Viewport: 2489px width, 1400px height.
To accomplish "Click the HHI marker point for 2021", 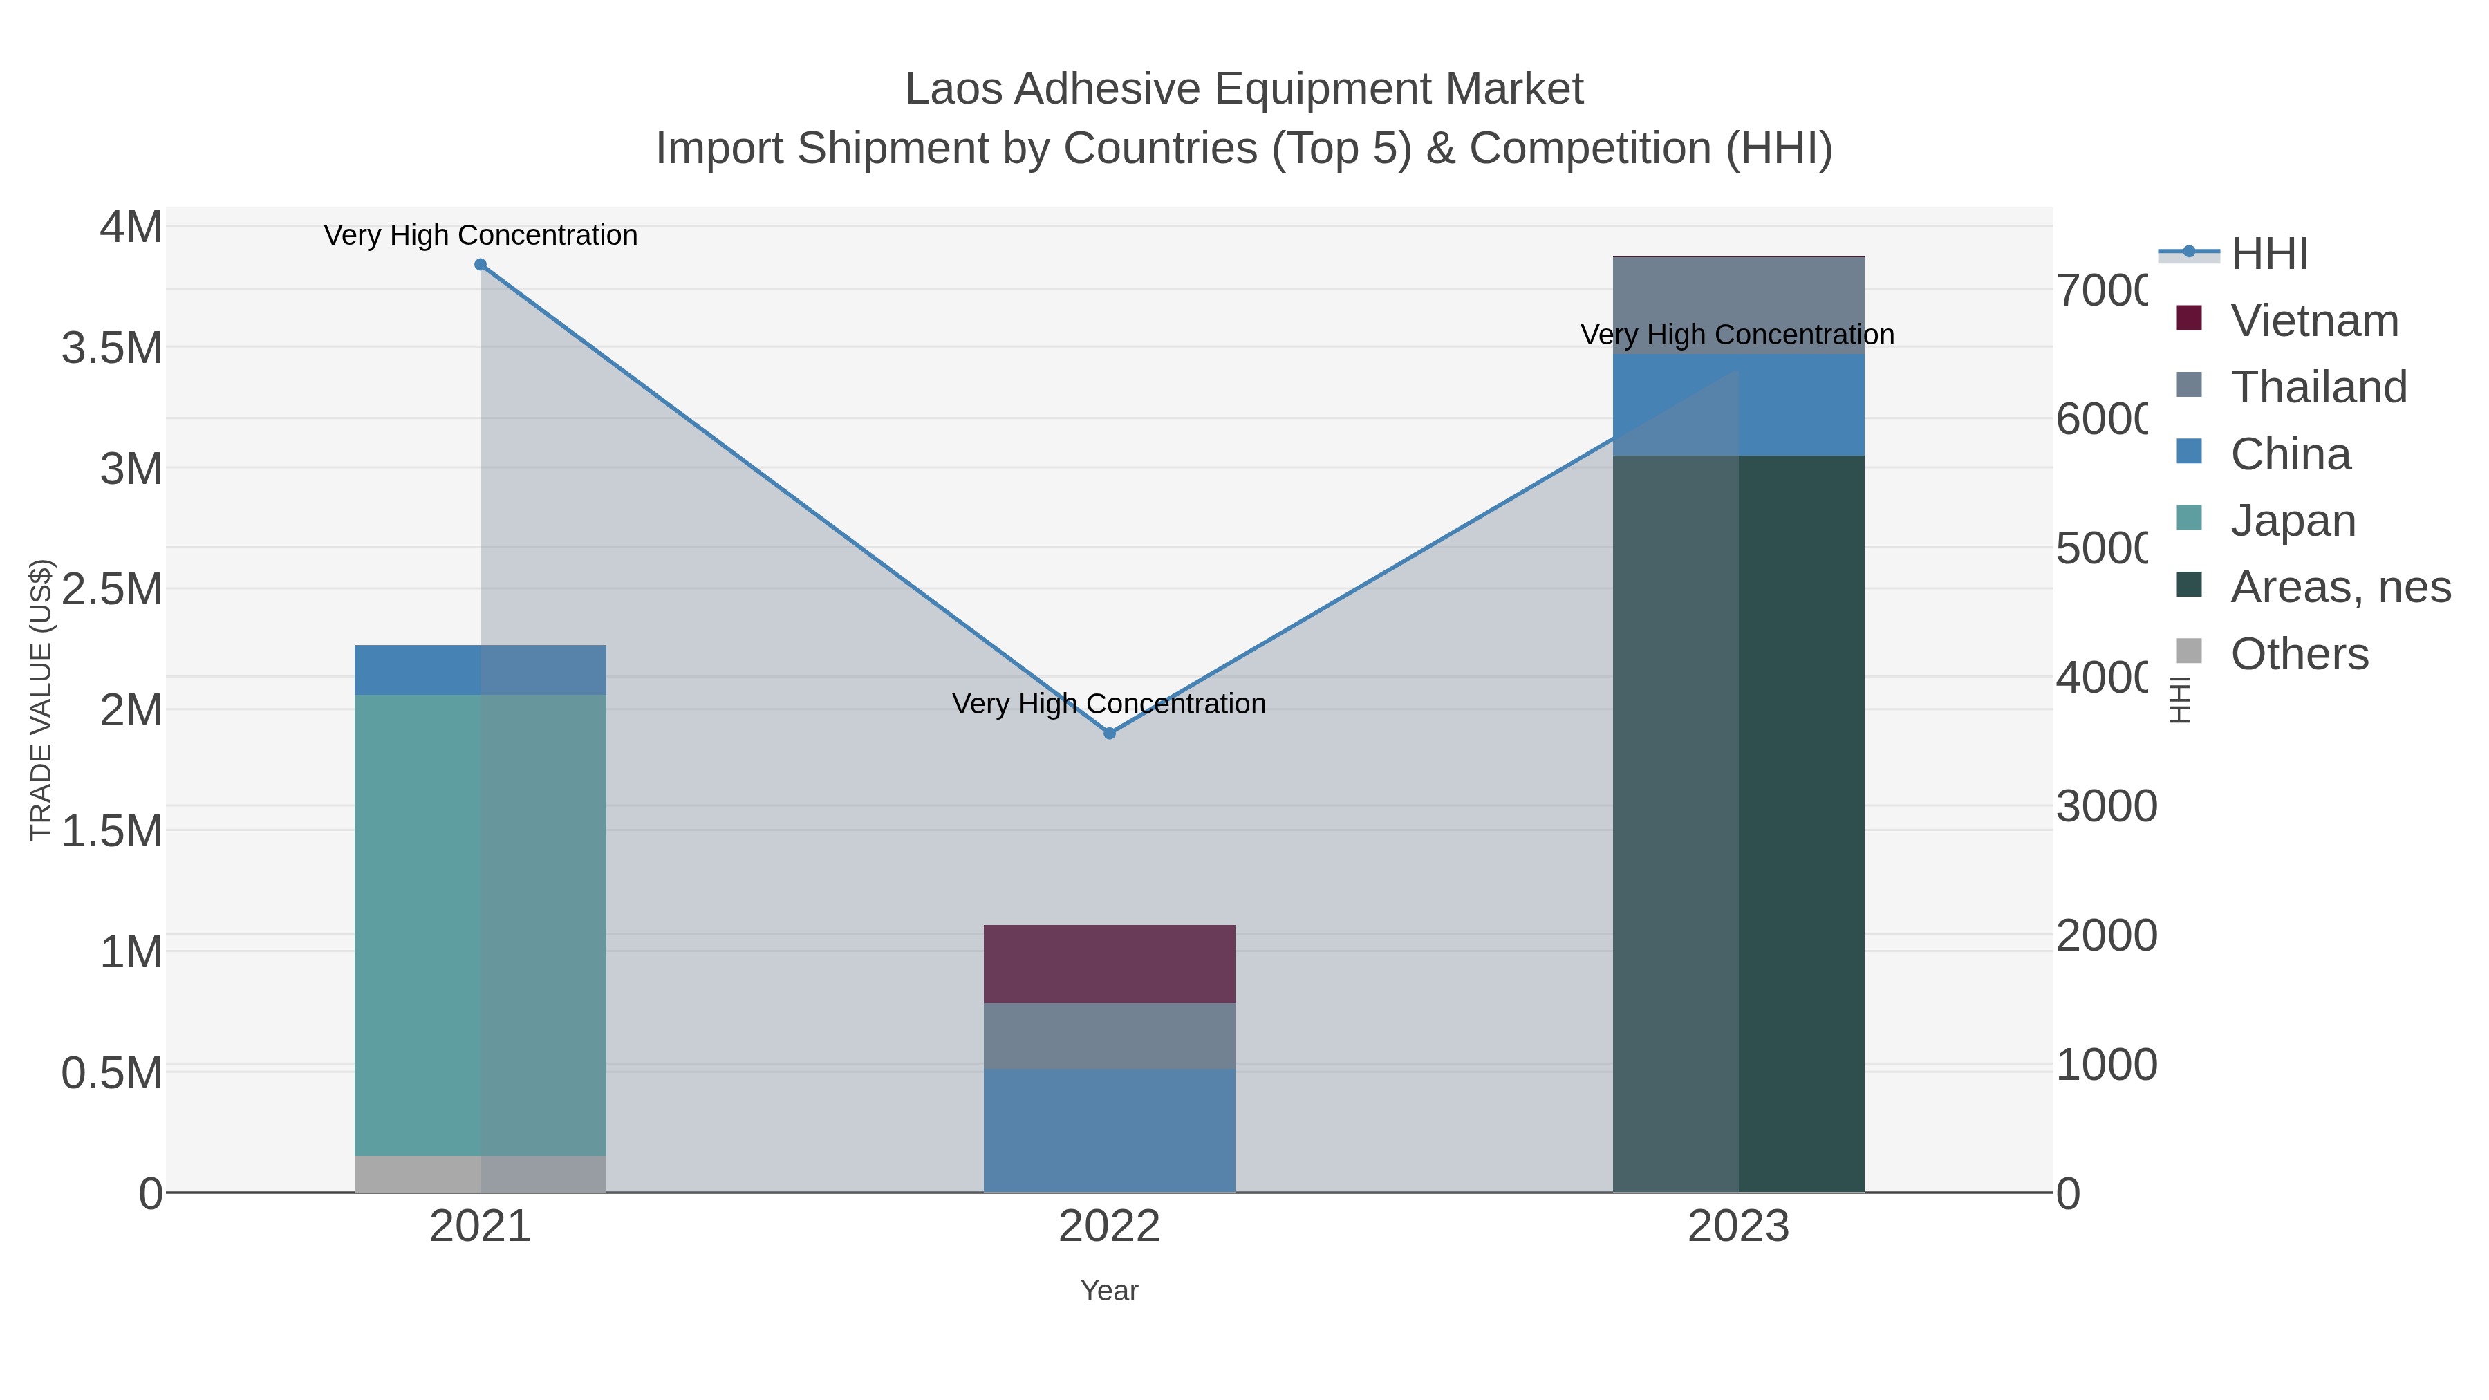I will (481, 265).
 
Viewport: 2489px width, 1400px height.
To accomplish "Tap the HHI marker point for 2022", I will (1109, 734).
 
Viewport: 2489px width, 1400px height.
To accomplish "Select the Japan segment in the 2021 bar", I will (481, 924).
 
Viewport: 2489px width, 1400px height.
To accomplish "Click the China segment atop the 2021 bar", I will (481, 669).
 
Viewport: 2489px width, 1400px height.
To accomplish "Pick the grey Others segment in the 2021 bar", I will (481, 1174).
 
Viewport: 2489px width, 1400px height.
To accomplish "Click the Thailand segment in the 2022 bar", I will (1109, 1036).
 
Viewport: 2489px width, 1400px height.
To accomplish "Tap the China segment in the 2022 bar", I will (1109, 1130).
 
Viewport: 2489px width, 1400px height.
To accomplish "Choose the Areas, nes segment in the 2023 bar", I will (1738, 823).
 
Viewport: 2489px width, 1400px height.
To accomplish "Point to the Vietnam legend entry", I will (2314, 320).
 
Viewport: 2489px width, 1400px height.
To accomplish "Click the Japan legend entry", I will (2293, 520).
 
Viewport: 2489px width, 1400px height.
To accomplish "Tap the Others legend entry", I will (2299, 653).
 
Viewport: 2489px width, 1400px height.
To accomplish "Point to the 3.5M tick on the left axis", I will (112, 348).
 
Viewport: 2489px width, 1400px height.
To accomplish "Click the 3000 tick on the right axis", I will (2107, 806).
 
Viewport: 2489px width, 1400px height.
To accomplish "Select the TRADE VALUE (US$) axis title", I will (41, 700).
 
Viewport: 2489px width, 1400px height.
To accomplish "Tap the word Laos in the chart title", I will (955, 89).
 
